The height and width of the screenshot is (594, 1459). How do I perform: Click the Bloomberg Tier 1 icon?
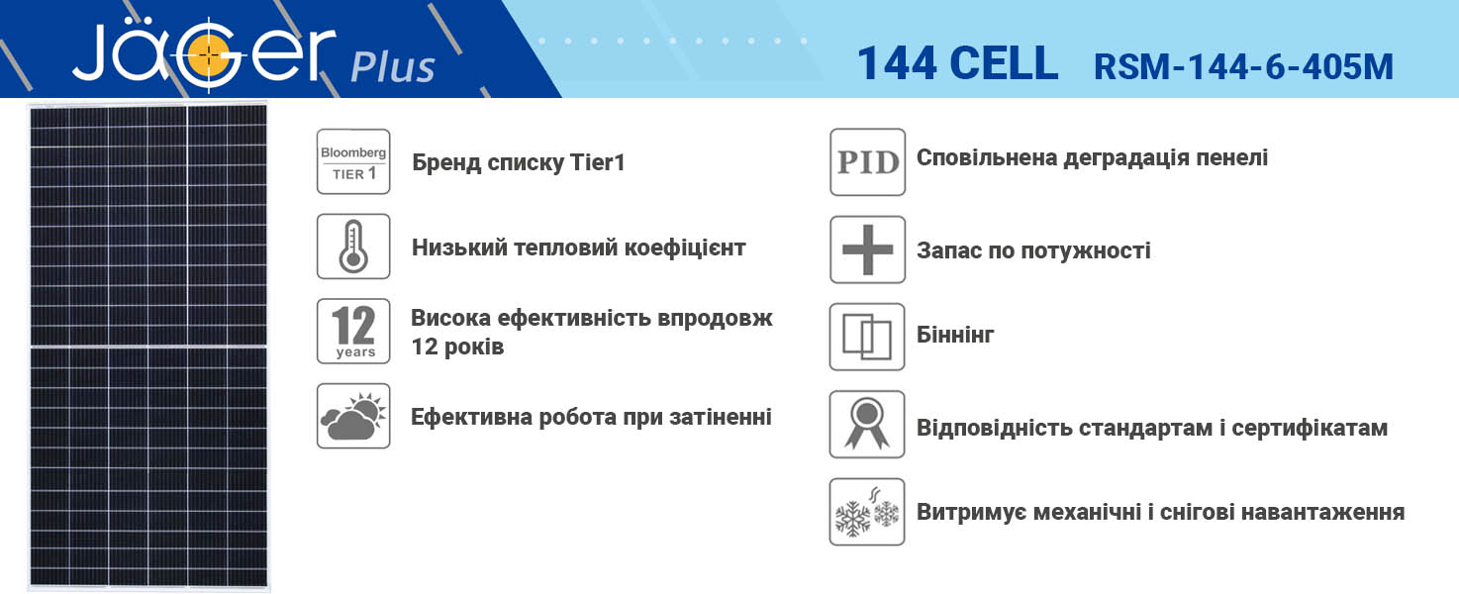pos(353,161)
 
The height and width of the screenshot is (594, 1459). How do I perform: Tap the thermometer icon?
pos(353,247)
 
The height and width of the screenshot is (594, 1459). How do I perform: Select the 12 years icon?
pos(353,331)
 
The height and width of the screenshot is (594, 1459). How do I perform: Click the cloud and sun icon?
pos(353,416)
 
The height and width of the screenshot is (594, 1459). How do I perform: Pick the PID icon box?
pos(868,161)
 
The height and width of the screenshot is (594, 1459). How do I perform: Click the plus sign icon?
pos(868,249)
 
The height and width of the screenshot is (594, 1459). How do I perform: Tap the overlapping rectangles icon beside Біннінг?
pos(867,337)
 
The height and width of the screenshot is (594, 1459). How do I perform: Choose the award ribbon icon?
pos(867,424)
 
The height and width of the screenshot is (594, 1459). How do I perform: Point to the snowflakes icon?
pos(867,512)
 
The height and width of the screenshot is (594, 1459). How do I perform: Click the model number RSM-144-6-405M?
pos(1243,66)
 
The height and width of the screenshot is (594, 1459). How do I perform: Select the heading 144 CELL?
pos(957,63)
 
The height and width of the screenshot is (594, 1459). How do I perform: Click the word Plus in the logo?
pos(393,67)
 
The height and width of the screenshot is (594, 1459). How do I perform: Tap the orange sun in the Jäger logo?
pos(209,55)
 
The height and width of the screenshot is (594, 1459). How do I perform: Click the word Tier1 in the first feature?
pos(597,161)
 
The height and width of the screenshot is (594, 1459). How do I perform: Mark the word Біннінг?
pos(955,335)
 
